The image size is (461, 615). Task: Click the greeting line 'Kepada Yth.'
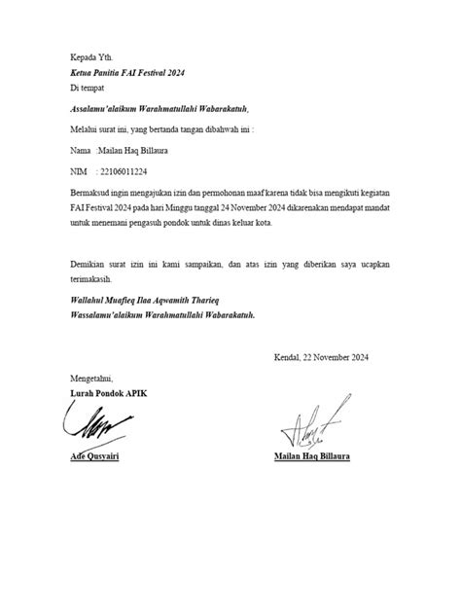pos(92,57)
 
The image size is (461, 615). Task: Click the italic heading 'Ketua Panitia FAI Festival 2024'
pos(126,73)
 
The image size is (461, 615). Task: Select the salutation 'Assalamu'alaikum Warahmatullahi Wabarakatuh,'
pos(160,110)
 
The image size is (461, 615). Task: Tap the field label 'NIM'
pos(81,169)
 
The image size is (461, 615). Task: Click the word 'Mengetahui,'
pos(92,378)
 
